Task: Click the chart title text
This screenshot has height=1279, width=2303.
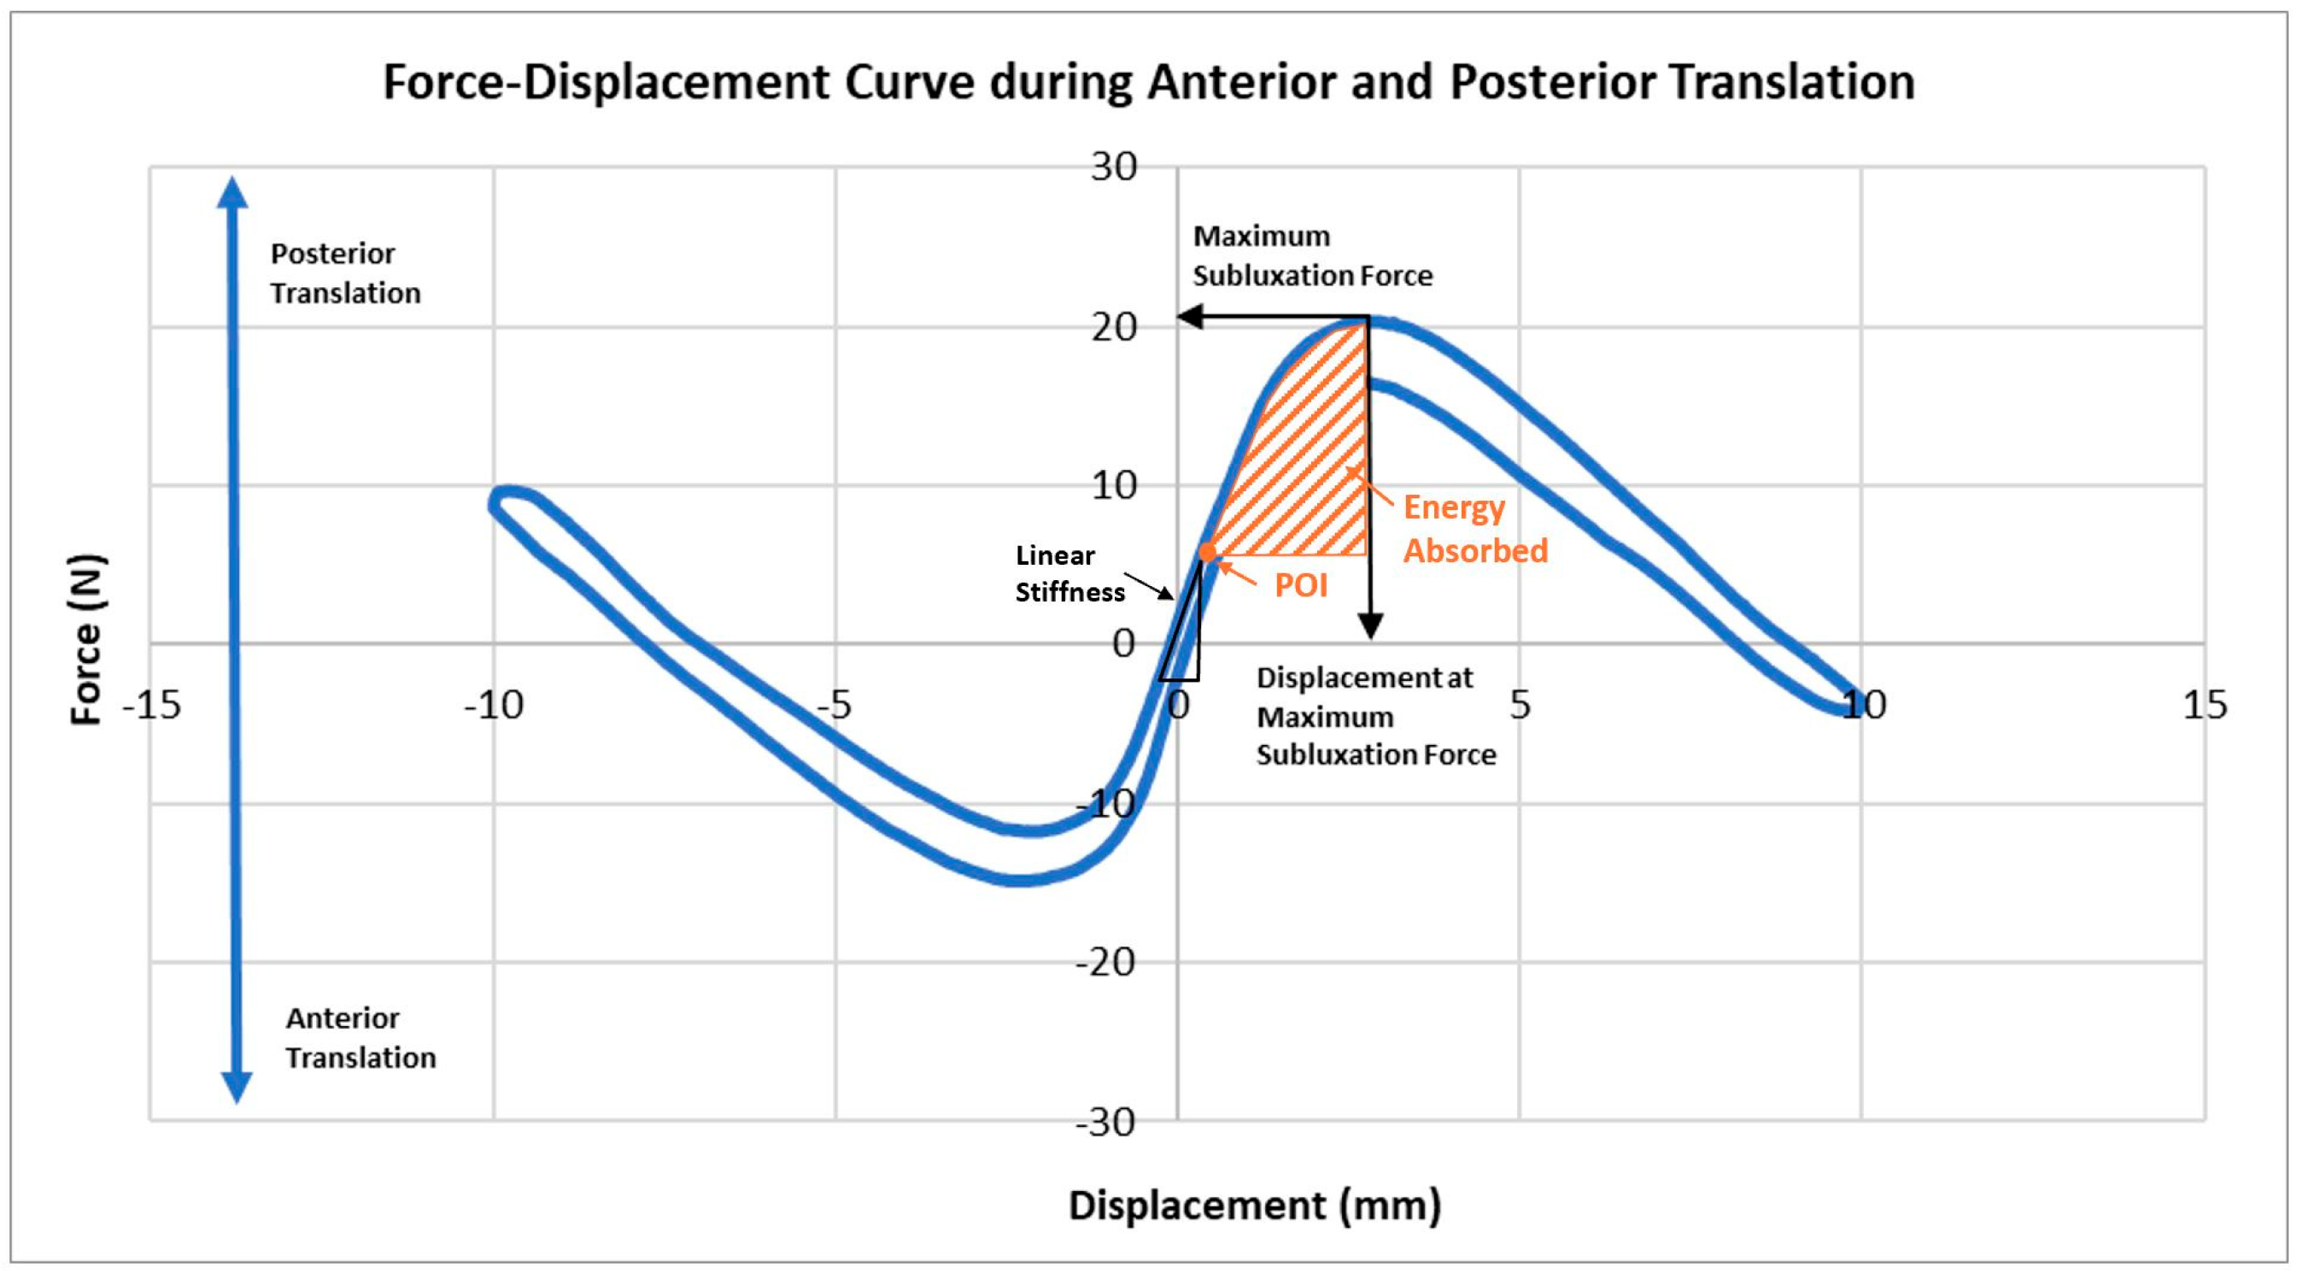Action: click(1148, 82)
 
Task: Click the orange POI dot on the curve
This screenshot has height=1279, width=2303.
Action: click(1208, 552)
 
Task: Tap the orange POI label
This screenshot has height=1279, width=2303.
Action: click(1300, 586)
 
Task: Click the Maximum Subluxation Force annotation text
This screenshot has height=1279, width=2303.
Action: click(1311, 255)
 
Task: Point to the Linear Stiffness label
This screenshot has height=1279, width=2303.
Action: click(1069, 573)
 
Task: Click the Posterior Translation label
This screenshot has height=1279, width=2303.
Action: click(345, 273)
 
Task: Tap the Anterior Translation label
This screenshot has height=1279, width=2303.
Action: click(360, 1037)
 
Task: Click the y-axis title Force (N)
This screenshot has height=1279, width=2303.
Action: click(87, 639)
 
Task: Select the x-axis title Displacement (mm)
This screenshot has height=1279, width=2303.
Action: click(1254, 1205)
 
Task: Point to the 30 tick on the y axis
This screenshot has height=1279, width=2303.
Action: click(1113, 167)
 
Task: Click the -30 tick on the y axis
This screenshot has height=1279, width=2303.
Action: click(1105, 1122)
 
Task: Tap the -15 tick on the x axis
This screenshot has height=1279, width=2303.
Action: click(152, 706)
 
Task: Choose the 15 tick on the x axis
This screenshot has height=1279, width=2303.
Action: click(2205, 706)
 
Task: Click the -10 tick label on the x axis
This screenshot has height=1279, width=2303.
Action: click(494, 706)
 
